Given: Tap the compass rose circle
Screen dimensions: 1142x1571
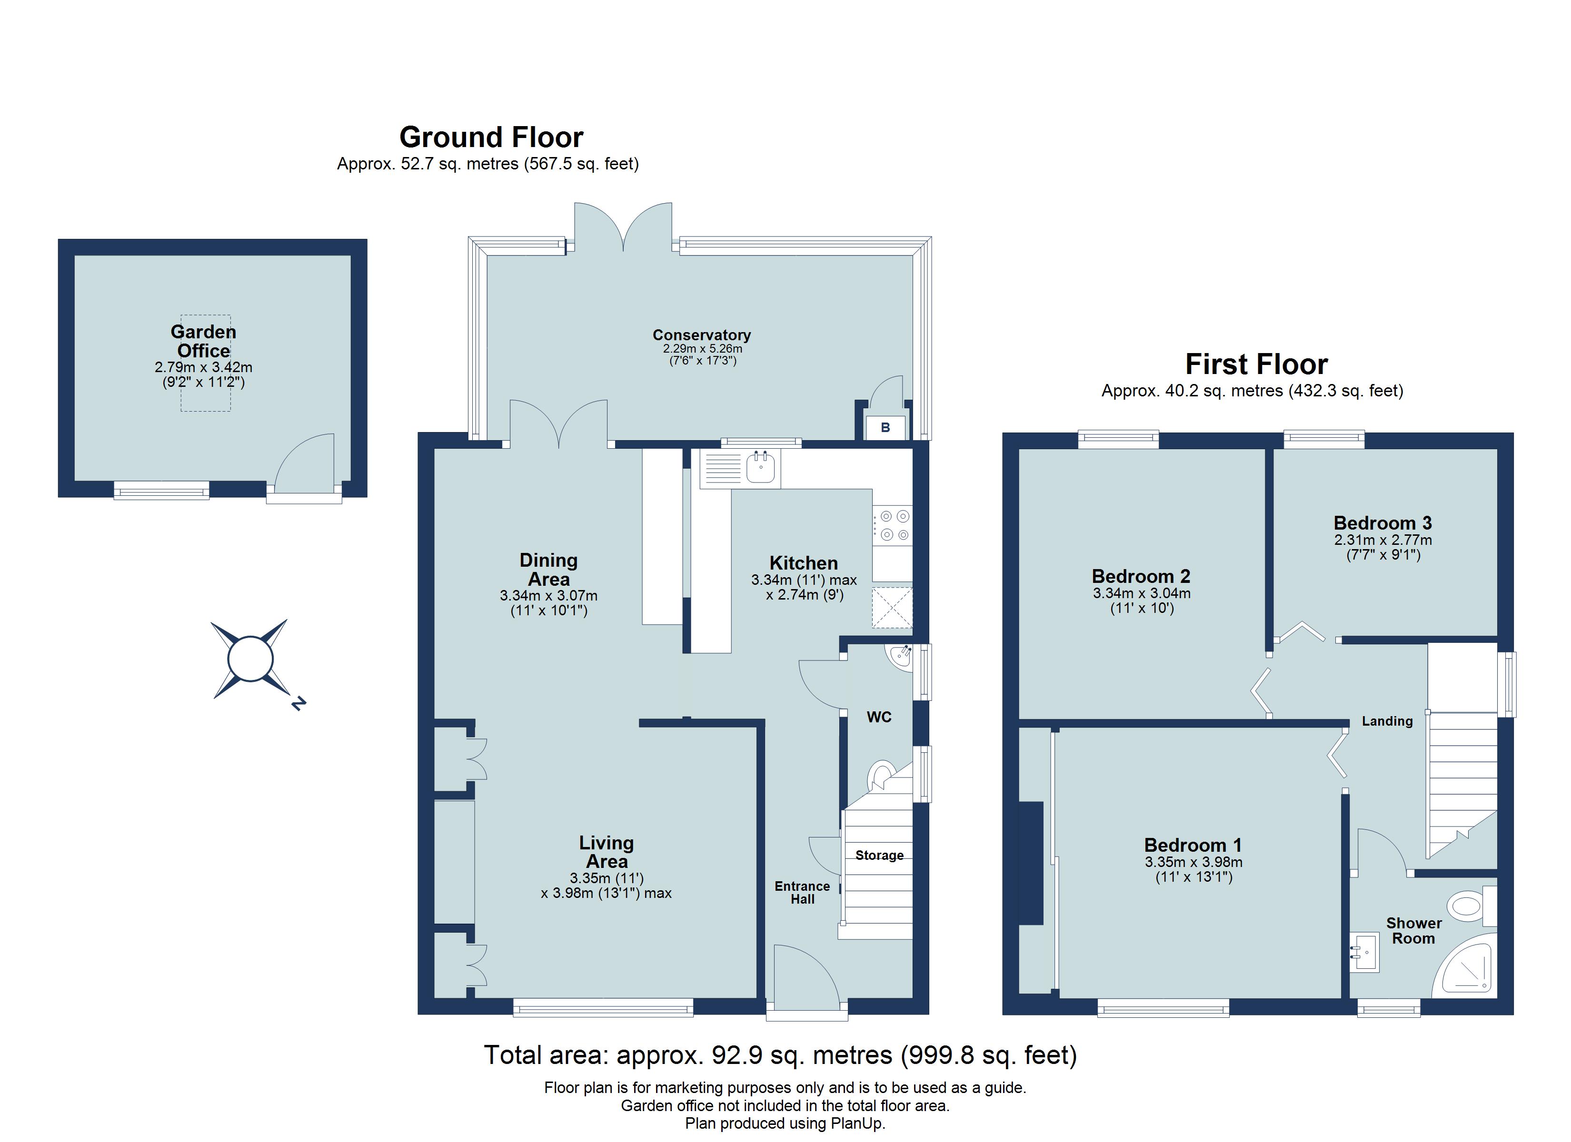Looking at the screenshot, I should (x=249, y=659).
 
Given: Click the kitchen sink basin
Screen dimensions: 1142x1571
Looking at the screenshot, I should (x=761, y=468).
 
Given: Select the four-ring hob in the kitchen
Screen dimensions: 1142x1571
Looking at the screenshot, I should (x=892, y=526).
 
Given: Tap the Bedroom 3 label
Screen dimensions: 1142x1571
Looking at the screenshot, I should (x=1382, y=523).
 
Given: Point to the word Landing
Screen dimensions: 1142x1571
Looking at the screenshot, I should (x=1387, y=721).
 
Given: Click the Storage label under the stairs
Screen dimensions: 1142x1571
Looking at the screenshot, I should (x=879, y=855).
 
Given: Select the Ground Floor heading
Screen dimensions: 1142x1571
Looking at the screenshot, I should (x=491, y=137).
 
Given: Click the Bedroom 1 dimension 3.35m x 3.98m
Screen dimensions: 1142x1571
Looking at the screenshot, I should (x=1193, y=862).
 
